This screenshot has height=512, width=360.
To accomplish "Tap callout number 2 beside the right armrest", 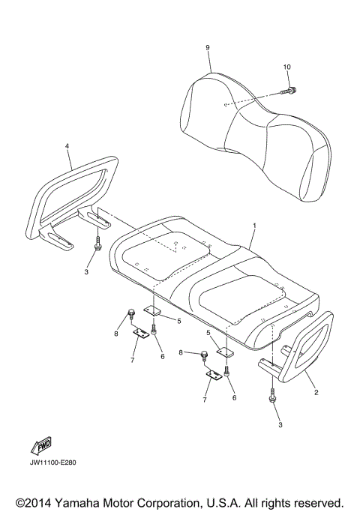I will (316, 392).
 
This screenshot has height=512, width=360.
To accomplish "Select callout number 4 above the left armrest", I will (67, 147).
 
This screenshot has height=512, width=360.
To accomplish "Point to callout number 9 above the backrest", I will (207, 48).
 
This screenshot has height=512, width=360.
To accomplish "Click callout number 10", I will (286, 67).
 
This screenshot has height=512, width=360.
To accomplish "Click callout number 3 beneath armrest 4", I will (86, 271).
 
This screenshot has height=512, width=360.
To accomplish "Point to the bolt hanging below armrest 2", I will (271, 400).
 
